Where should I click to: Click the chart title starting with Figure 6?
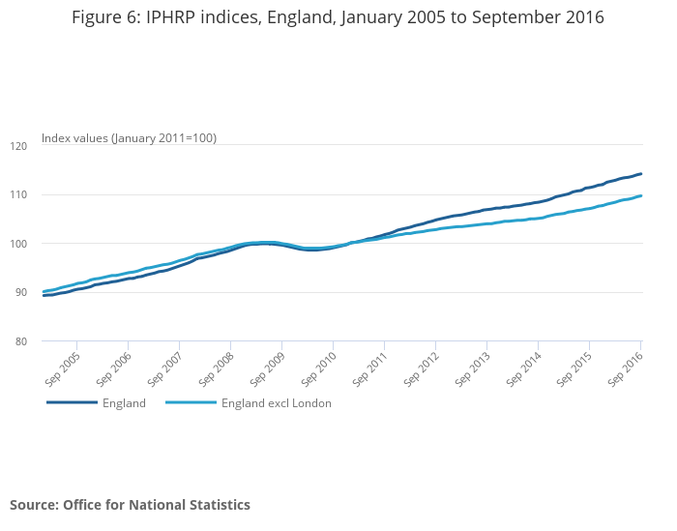[x=338, y=17]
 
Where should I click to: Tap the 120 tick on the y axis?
[x=20, y=145]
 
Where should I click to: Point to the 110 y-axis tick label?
[x=20, y=194]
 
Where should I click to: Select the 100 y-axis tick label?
[x=20, y=244]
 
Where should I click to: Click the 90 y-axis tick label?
[x=22, y=293]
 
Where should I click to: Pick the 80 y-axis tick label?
[x=22, y=341]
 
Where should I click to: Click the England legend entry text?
[x=124, y=403]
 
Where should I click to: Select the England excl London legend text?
[x=277, y=403]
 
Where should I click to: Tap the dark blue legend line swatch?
[x=72, y=403]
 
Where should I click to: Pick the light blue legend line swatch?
[x=191, y=403]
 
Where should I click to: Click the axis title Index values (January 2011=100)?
[x=129, y=138]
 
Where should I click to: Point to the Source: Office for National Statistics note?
[x=130, y=505]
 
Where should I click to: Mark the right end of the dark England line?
[x=641, y=174]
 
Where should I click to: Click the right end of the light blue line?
[x=641, y=196]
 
